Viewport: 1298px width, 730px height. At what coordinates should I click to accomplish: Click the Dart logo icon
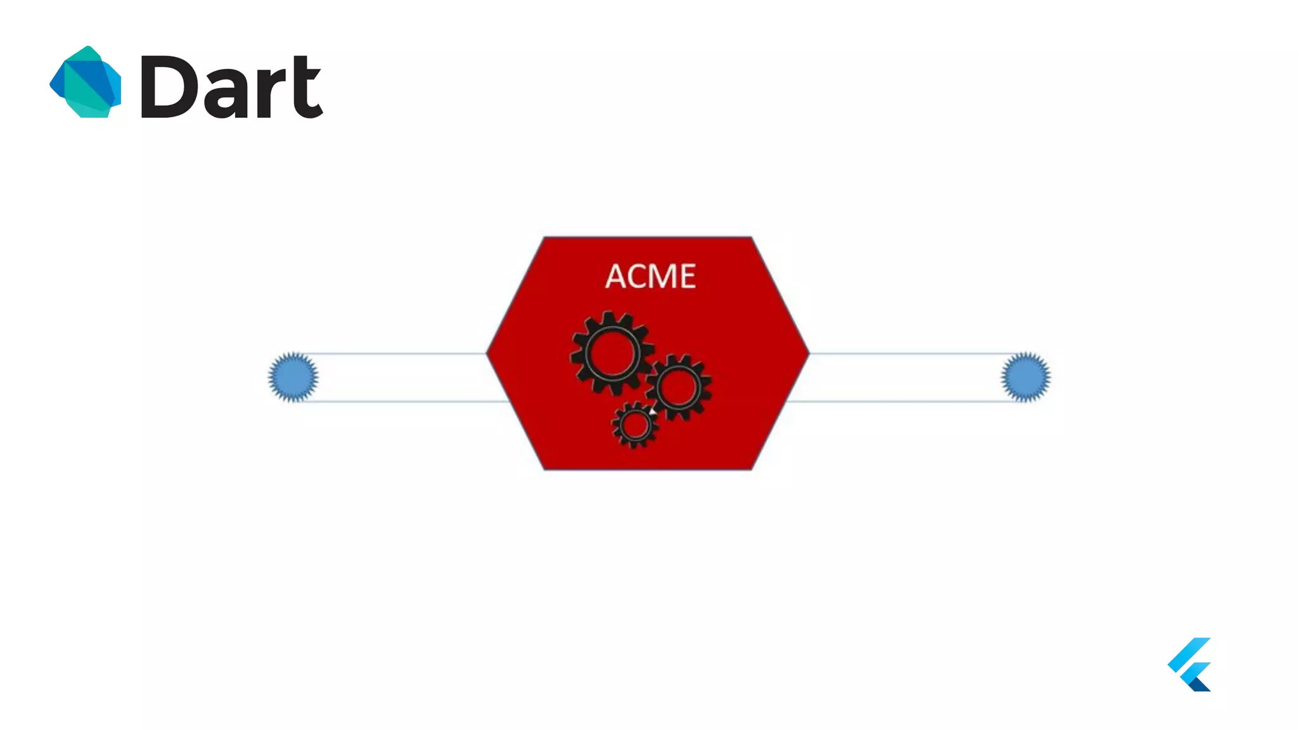pos(86,82)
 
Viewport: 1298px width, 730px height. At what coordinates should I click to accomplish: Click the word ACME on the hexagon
pos(650,276)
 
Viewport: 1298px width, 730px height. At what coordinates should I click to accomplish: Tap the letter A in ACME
pos(616,276)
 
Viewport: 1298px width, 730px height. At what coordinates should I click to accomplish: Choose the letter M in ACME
pos(664,276)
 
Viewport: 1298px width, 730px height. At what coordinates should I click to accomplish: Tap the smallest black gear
pos(634,425)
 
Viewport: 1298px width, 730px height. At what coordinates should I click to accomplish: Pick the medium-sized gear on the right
pos(678,387)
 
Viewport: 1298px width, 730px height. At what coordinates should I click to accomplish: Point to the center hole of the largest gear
pos(612,353)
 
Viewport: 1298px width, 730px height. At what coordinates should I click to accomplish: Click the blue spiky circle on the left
pos(293,377)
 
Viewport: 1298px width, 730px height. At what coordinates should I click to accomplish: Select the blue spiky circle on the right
pos(1025,377)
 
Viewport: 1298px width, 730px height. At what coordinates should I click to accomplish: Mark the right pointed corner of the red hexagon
pos(807,353)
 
